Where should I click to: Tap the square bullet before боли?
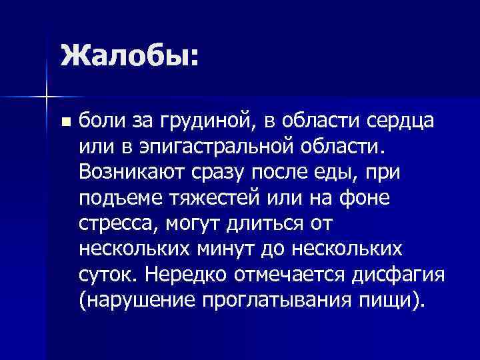(x=64, y=123)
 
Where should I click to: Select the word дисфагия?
(x=395, y=273)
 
